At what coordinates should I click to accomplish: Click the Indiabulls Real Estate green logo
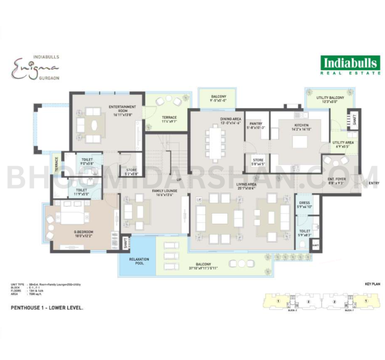pyautogui.click(x=350, y=65)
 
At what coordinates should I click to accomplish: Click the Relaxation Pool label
pyautogui.click(x=139, y=261)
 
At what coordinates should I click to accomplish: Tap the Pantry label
pyautogui.click(x=256, y=125)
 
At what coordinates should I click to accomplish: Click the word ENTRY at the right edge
pyautogui.click(x=374, y=183)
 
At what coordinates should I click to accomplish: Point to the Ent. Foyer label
pyautogui.click(x=337, y=180)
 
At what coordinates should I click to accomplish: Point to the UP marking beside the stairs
pyautogui.click(x=179, y=180)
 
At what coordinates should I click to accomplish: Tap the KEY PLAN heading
pyautogui.click(x=371, y=284)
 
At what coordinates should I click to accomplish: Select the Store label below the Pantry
pyautogui.click(x=258, y=161)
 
